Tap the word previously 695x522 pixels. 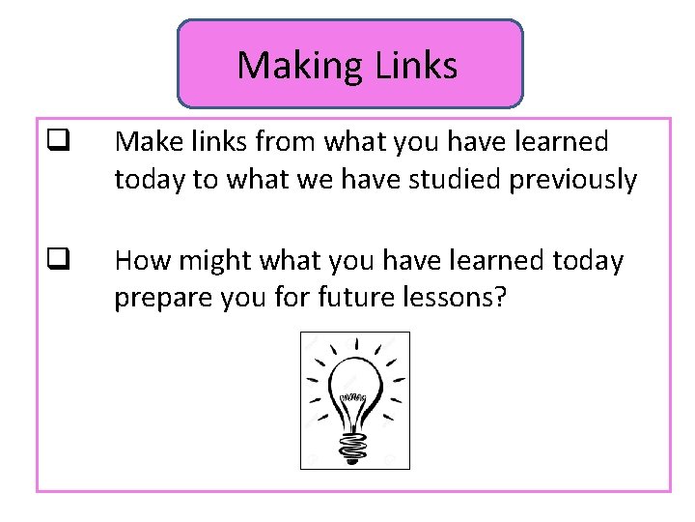[x=584, y=180]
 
